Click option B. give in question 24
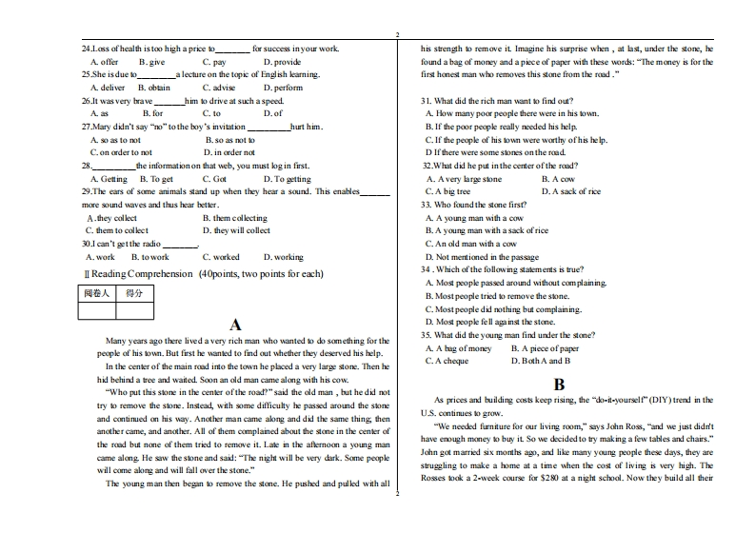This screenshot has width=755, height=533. [x=151, y=62]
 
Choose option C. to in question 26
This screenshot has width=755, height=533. [x=212, y=113]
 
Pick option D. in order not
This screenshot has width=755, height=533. [x=229, y=152]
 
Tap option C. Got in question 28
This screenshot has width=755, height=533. [x=214, y=178]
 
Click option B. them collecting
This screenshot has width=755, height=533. [x=234, y=218]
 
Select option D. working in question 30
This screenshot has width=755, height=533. [x=283, y=257]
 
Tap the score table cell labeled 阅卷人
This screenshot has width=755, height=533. [x=96, y=293]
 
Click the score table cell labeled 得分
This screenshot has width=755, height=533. [x=133, y=293]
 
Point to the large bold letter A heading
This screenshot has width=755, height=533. [x=235, y=325]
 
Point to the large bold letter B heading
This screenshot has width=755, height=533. [x=559, y=385]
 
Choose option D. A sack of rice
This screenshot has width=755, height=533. [x=570, y=191]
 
